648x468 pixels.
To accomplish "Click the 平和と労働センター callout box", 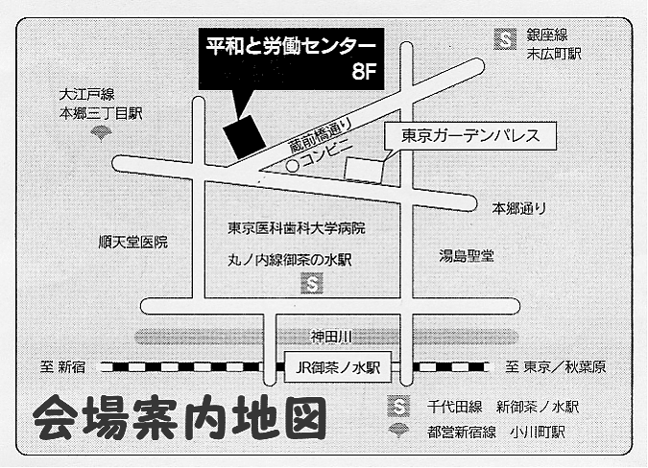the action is pos(291,58).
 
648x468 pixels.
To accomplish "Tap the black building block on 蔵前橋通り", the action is pos(244,136).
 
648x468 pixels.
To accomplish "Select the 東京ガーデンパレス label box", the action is pos(470,136).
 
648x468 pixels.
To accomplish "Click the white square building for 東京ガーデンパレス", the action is pos(364,170).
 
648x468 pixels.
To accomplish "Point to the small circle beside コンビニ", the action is pos(293,166).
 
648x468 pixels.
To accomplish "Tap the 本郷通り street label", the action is pos(518,208).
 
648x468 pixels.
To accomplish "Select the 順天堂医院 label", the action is pos(133,242).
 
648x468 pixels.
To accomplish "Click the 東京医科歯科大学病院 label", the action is pos(297,228).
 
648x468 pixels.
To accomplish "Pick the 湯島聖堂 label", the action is pos(467,256).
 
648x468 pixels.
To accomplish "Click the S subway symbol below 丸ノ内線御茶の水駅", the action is pos(312,284).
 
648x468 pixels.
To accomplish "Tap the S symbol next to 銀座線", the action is pos(505,39).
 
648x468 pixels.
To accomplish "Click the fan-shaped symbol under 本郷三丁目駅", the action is pos(101,133).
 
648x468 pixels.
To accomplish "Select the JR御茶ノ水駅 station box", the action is pos(338,367).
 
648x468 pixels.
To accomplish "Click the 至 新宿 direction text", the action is pos(62,366).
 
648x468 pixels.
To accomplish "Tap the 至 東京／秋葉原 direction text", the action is pos(556,367).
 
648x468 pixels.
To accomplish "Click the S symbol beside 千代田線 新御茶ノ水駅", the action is pos(398,406).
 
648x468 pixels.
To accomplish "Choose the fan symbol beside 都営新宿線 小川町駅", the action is pos(398,430).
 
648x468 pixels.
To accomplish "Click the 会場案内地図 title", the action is pos(180,418).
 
